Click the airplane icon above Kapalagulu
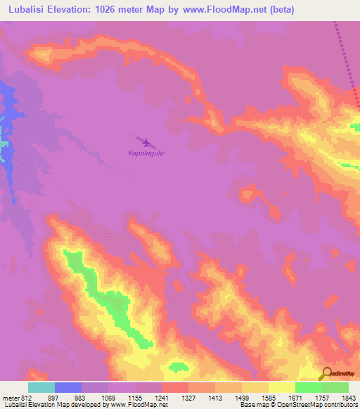point(146,143)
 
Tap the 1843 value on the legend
point(348,397)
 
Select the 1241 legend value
point(162,397)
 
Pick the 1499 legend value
point(242,397)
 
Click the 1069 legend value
point(108,397)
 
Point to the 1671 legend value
point(295,397)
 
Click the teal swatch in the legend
point(41,387)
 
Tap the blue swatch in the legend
point(68,387)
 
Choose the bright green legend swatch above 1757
point(309,387)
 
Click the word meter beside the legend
point(9,397)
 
